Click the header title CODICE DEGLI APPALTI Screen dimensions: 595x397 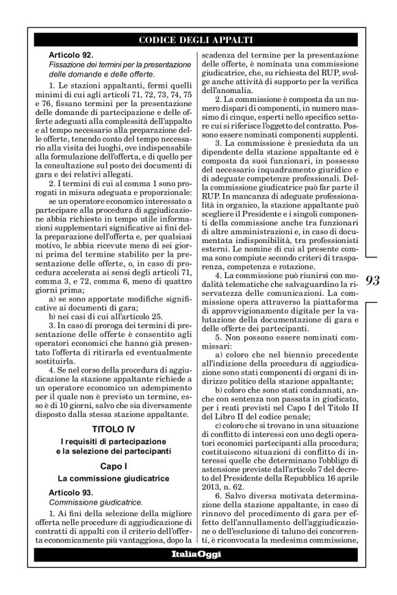(x=196, y=39)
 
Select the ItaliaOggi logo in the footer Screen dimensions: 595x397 (x=196, y=573)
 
